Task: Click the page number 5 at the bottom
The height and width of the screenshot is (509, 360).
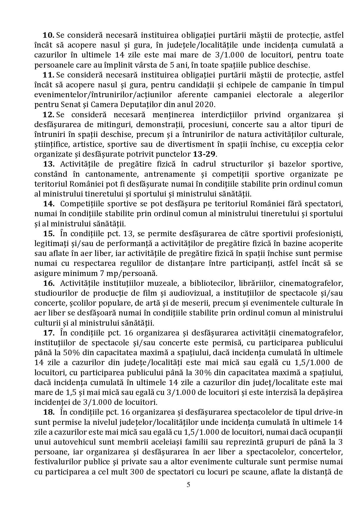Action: [x=188, y=485]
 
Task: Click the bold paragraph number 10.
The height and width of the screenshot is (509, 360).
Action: [x=48, y=35]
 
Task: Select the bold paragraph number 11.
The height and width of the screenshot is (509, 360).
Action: [x=48, y=75]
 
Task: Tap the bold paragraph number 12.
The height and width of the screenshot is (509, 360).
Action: [x=48, y=115]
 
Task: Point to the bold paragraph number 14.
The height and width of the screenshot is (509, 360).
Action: [x=49, y=204]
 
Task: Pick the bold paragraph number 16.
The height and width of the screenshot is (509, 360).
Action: [x=49, y=283]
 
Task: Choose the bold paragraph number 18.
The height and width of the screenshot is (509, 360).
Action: [x=49, y=412]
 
